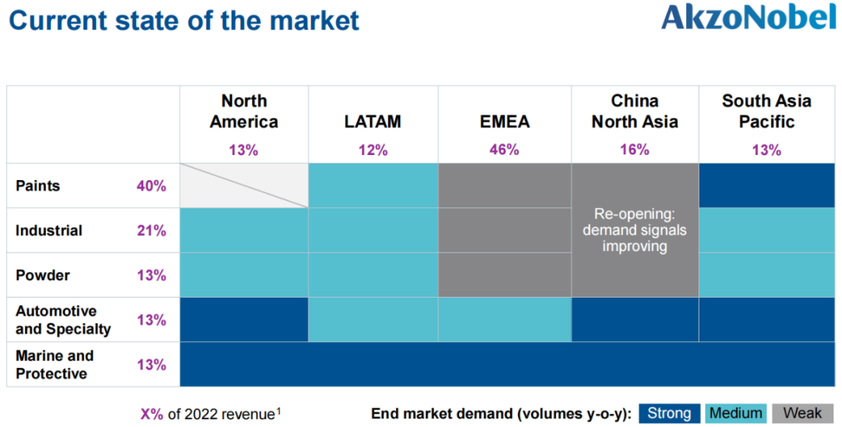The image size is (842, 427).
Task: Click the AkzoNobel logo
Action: (x=748, y=18)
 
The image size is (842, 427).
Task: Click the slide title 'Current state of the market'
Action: (x=184, y=20)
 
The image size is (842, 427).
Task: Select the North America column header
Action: (x=244, y=111)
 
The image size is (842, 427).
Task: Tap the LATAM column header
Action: (x=373, y=122)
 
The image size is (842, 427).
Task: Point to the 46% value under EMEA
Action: (x=504, y=150)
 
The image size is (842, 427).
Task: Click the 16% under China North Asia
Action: (x=635, y=150)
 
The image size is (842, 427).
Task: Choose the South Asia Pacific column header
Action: (x=766, y=111)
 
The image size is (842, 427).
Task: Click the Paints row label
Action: (x=37, y=185)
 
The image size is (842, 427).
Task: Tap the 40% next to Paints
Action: (x=151, y=186)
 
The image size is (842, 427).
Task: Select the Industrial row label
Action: (x=49, y=231)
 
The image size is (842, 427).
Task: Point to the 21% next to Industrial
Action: (x=151, y=231)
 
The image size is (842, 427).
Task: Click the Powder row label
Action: (x=43, y=275)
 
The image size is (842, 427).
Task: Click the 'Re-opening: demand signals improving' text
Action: (x=635, y=230)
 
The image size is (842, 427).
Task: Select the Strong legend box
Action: (x=669, y=413)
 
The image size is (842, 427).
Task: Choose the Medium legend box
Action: (x=736, y=413)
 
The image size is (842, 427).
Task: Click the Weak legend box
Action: (x=802, y=413)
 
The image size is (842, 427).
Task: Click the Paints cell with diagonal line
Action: (x=244, y=185)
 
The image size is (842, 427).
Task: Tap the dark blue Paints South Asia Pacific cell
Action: (x=766, y=185)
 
